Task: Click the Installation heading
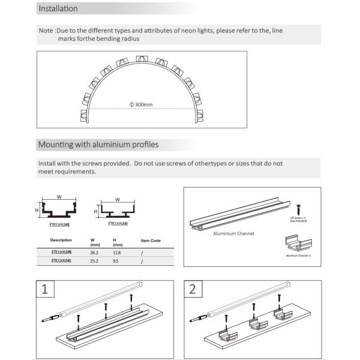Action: coord(58,9)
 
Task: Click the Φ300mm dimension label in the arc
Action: coord(141,104)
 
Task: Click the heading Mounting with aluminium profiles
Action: coord(98,145)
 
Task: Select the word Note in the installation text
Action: coord(46,30)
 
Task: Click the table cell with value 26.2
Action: coord(94,253)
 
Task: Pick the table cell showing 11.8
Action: coord(118,253)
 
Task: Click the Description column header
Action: coord(61,240)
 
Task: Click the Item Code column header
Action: coord(151,241)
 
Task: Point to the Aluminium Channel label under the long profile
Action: coord(233,233)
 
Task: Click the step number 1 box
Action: coord(45,290)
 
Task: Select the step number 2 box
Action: coord(192,290)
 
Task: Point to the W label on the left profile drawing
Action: coord(59,196)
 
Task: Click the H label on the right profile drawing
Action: coord(95,211)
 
